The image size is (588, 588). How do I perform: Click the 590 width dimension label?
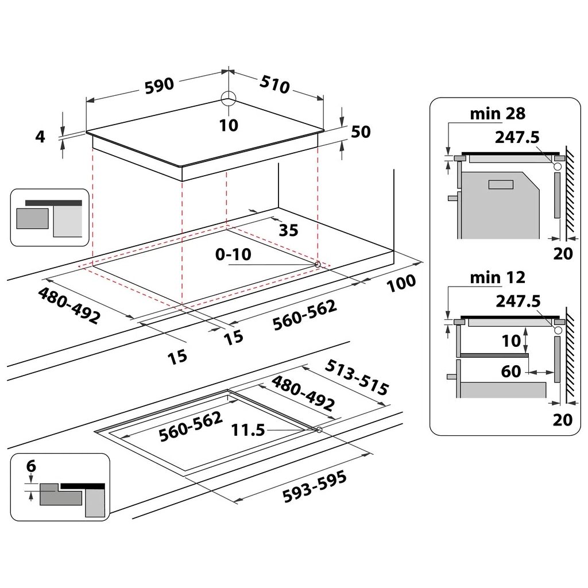[x=159, y=84]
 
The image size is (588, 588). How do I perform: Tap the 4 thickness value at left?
[x=40, y=137]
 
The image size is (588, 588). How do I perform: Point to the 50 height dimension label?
[x=361, y=131]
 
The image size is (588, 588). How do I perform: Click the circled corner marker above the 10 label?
[x=228, y=99]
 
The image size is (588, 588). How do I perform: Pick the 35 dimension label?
[x=288, y=230]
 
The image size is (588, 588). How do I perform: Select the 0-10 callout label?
[x=233, y=254]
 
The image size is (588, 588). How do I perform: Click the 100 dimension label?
[x=401, y=283]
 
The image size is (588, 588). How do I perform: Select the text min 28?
[x=497, y=113]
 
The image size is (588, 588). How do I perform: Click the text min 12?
[x=497, y=277]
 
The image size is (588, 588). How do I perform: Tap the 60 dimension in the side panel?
[x=511, y=372]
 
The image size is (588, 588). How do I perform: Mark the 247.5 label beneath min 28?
[x=517, y=138]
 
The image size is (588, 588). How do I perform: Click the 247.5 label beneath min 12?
[x=517, y=301]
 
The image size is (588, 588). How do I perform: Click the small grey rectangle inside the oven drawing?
[x=501, y=184]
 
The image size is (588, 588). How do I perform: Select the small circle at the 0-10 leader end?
[x=317, y=264]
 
